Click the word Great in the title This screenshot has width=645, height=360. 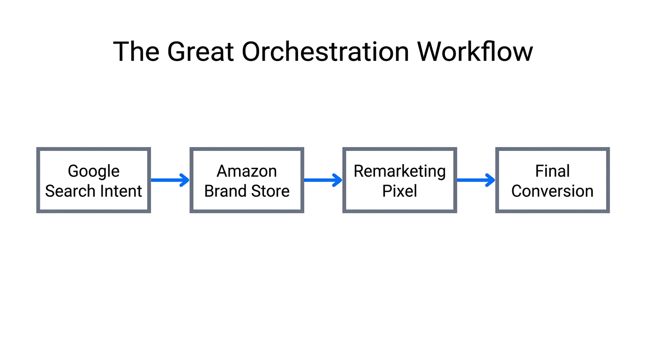pyautogui.click(x=200, y=52)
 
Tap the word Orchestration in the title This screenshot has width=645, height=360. pyautogui.click(x=325, y=52)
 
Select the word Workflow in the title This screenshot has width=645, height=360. pyautogui.click(x=474, y=52)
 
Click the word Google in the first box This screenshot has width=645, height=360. pyautogui.click(x=94, y=172)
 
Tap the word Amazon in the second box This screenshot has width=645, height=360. pyautogui.click(x=247, y=171)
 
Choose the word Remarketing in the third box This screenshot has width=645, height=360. pyautogui.click(x=399, y=172)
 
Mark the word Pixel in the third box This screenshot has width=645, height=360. pyautogui.click(x=399, y=191)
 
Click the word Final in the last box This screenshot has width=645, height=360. pyautogui.click(x=552, y=171)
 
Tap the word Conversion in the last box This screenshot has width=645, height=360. pyautogui.click(x=552, y=191)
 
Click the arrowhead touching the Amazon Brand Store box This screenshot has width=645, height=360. pyautogui.click(x=185, y=180)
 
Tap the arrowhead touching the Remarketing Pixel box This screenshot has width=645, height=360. pyautogui.click(x=337, y=180)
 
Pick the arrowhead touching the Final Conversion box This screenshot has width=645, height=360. pyautogui.click(x=490, y=180)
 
